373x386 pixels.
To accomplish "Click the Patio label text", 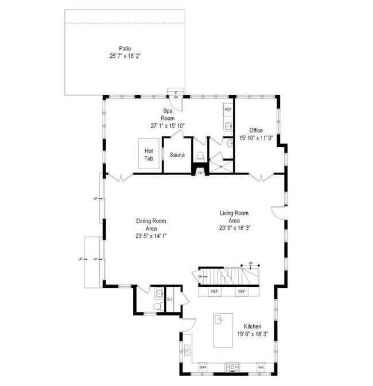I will coord(125,48).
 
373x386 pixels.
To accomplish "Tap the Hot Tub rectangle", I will coord(149,154).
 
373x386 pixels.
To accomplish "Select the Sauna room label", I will coord(177,154).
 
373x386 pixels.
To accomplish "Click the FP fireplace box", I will coord(200,171).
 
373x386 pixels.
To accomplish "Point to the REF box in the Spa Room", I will coord(228,109).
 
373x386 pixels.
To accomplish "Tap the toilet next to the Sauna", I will coord(200,155).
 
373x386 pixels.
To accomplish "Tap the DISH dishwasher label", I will coord(203,366).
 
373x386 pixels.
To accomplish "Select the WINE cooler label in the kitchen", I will coord(261,366).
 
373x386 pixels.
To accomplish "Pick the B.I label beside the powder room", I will coord(169,299).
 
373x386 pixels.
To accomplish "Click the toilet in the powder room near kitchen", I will coord(157,307).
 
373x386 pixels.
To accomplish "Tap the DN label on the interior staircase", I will coord(201,277).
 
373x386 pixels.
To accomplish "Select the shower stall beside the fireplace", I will coord(220,163).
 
